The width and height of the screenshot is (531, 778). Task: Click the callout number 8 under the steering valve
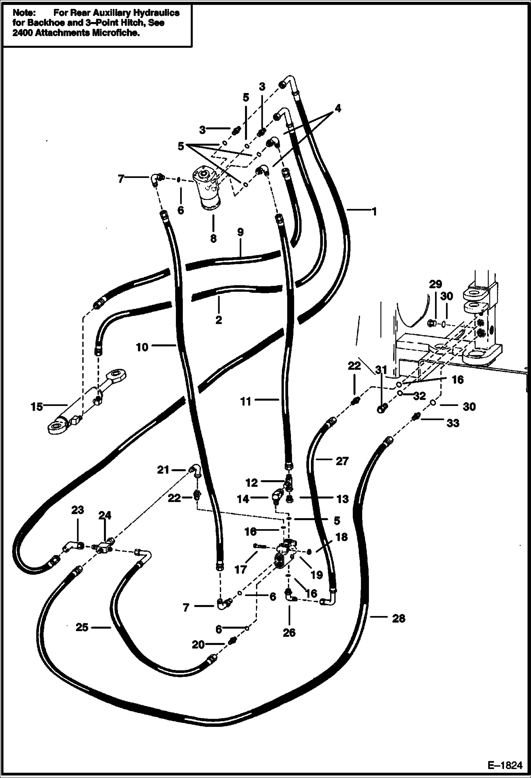213,238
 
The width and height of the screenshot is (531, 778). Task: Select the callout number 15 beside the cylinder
36,406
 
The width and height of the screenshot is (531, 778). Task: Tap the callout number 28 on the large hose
398,618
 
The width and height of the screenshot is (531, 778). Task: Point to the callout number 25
82,628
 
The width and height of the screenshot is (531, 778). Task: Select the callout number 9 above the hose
240,233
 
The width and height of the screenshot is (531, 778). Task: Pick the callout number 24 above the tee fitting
105,515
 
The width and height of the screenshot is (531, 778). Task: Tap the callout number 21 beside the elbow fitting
163,470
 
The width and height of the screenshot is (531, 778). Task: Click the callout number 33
453,423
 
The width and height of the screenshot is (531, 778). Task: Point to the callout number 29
436,284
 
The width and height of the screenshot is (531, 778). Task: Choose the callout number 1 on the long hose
373,212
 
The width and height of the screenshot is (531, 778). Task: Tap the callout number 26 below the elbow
289,633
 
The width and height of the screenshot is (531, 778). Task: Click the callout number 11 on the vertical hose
246,401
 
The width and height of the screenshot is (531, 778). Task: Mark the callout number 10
142,347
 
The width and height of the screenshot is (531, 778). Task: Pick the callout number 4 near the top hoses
338,109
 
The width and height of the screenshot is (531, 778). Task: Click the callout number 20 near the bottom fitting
199,645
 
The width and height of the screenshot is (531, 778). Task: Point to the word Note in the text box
24,13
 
